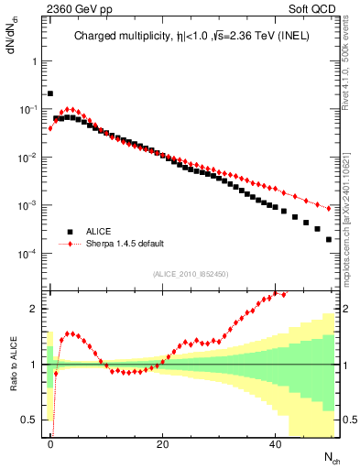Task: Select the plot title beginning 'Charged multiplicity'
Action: tap(193, 38)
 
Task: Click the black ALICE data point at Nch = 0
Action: tap(50, 93)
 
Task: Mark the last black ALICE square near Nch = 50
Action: tap(329, 239)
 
